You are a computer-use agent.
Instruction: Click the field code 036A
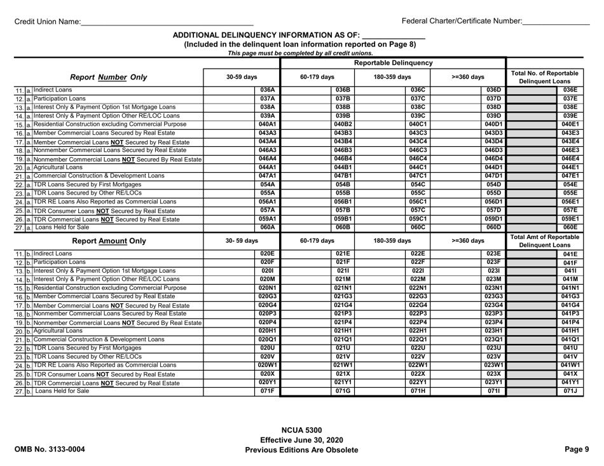pyautogui.click(x=267, y=90)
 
